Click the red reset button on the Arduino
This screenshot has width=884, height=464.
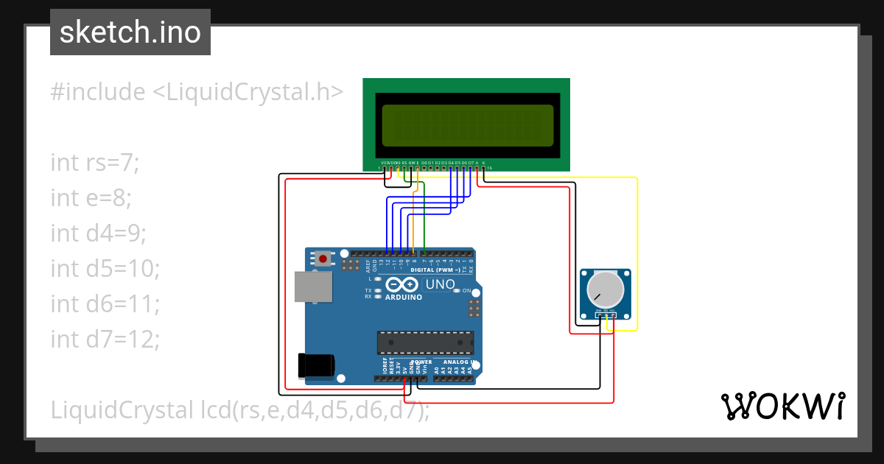pyautogui.click(x=323, y=259)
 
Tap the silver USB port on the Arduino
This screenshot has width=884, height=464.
pyautogui.click(x=313, y=286)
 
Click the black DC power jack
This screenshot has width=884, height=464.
pyautogui.click(x=315, y=365)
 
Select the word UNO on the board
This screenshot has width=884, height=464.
pyautogui.click(x=441, y=284)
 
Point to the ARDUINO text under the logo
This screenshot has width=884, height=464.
pyautogui.click(x=403, y=298)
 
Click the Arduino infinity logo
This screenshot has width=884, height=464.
pyautogui.click(x=402, y=285)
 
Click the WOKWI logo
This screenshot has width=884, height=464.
pyautogui.click(x=782, y=406)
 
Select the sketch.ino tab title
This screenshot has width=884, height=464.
pyautogui.click(x=130, y=32)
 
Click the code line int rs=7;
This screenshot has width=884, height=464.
pyautogui.click(x=94, y=162)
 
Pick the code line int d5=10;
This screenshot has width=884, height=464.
pyautogui.click(x=105, y=268)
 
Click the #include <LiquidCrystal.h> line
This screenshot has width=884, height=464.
pyautogui.click(x=197, y=92)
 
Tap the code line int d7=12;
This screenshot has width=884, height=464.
pyautogui.click(x=105, y=339)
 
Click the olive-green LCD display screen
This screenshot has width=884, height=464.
pyautogui.click(x=467, y=125)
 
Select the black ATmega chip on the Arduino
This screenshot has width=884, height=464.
pyautogui.click(x=425, y=342)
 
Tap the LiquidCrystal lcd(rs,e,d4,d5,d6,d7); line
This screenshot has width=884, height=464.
pyautogui.click(x=240, y=410)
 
